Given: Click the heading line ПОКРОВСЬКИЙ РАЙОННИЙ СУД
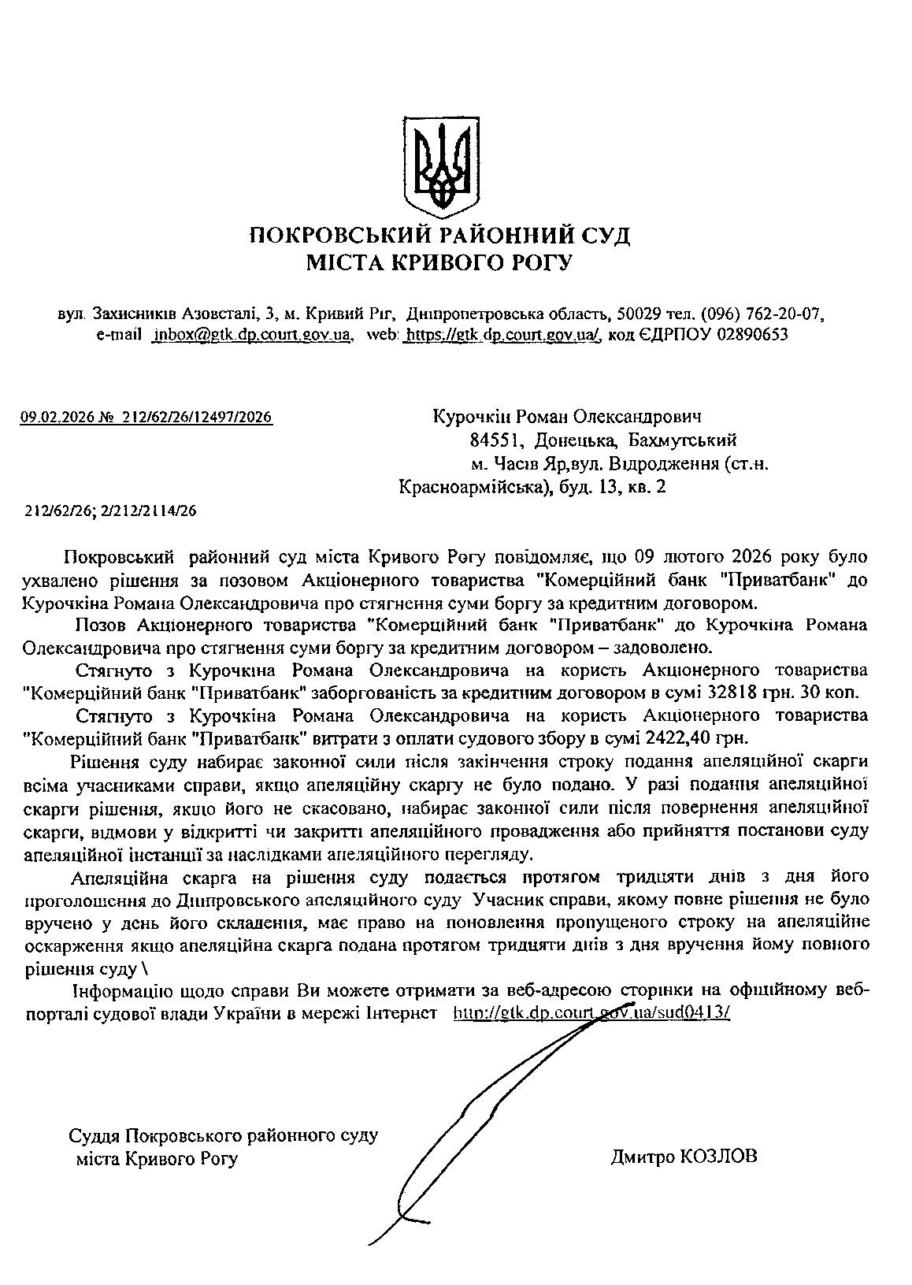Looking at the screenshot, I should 439,235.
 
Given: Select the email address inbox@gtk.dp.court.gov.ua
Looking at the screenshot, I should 252,334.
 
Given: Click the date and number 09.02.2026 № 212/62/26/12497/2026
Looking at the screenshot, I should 146,418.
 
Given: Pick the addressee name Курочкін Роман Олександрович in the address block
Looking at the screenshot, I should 567,416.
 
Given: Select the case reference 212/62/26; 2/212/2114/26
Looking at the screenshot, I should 110,510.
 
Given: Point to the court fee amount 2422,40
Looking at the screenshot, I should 684,739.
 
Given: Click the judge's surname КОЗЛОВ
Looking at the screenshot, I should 717,1157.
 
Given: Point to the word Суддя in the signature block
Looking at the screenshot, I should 93,1135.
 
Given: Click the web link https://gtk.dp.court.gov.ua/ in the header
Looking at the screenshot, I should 502,334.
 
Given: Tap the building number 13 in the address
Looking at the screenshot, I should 607,487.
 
